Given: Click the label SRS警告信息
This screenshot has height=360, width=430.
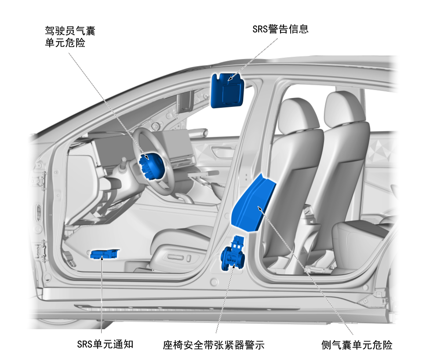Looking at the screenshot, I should pos(280,29).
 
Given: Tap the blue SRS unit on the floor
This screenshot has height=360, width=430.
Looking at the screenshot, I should pos(105,254).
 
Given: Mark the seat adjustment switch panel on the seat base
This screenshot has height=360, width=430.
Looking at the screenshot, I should pos(176,259).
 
